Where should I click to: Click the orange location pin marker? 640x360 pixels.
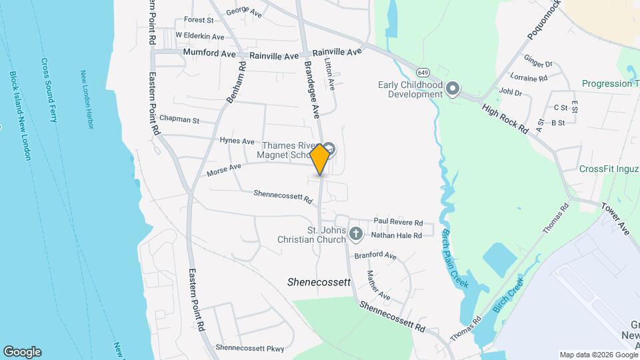320,159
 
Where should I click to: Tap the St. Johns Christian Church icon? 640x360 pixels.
356,234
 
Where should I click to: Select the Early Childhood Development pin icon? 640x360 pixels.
453,89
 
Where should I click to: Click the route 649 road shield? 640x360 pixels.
423,71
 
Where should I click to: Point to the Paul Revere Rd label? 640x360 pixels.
398,222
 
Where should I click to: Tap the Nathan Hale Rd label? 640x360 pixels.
397,235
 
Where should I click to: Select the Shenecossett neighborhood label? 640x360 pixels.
319,282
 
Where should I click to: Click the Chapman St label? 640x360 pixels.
179,119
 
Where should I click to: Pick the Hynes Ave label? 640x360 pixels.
237,141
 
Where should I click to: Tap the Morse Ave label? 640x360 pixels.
223,171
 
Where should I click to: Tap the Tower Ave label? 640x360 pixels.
615,219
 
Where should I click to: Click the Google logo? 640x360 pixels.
22,352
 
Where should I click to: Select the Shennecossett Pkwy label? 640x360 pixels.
249,348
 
